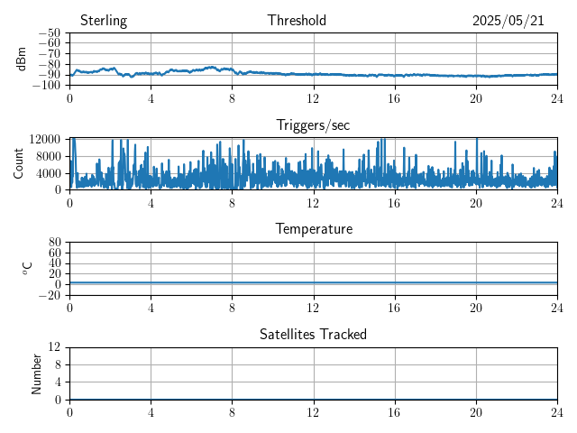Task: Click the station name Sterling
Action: click(104, 21)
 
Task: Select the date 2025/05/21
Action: click(508, 21)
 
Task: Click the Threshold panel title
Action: click(297, 20)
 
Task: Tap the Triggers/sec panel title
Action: click(313, 125)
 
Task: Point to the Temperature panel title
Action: click(314, 229)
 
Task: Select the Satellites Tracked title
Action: click(313, 335)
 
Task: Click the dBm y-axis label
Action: click(21, 59)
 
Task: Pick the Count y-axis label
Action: click(18, 163)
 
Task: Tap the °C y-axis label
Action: click(28, 269)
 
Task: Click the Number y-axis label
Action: click(36, 374)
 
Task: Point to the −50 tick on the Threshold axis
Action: click(50, 32)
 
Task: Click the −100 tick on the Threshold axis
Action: click(46, 86)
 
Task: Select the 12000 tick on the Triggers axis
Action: click(44, 139)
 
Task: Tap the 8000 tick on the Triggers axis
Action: click(48, 156)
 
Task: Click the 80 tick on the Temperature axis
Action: click(54, 242)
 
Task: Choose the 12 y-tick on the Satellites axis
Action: click(54, 346)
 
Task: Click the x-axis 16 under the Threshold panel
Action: click(395, 98)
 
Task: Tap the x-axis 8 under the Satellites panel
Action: click(232, 413)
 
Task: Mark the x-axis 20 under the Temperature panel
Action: click(476, 308)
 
